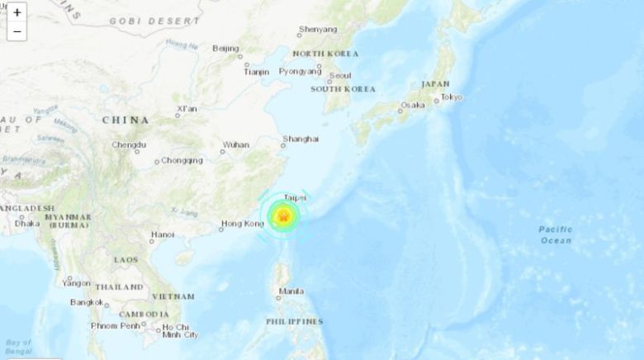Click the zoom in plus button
(17, 13)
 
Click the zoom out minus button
(17, 32)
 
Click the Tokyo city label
(451, 97)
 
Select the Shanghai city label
(301, 139)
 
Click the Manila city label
(291, 291)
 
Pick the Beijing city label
(225, 48)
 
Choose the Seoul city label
(339, 75)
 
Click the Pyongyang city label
(298, 72)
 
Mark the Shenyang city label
(318, 30)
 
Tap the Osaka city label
(412, 106)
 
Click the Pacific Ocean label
(555, 234)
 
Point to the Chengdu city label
(129, 145)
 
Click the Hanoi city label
(162, 234)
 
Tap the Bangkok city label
(86, 302)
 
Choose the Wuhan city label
(235, 145)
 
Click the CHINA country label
(125, 120)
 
